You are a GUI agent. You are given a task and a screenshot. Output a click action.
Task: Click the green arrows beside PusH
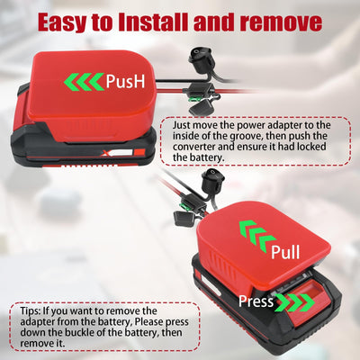[x=83, y=83]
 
